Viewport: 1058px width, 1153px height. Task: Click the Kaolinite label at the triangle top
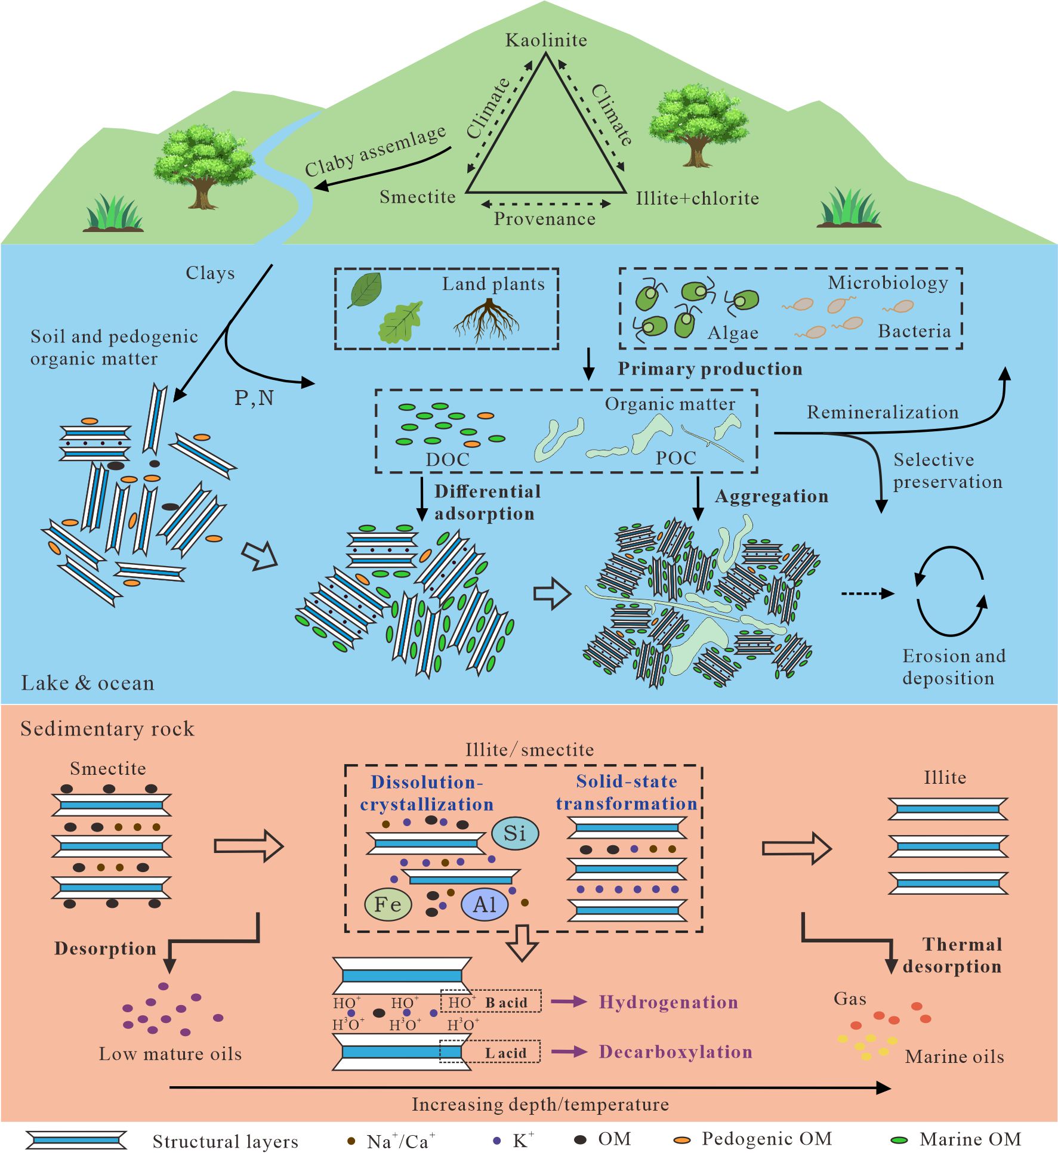546,40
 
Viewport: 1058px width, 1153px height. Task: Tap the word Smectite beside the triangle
417,197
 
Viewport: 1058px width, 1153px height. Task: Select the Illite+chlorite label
697,198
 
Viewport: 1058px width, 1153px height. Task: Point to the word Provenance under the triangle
544,219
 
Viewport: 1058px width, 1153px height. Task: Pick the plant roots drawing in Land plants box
488,320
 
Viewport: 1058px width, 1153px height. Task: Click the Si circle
515,833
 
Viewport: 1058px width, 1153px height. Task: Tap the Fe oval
388,904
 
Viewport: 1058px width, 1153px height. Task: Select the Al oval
485,905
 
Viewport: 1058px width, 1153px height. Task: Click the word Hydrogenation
668,1002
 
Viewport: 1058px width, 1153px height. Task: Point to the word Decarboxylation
675,1052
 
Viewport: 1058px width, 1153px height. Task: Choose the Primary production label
710,369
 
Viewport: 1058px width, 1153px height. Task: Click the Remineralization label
882,412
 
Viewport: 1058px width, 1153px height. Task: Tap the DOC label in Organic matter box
448,459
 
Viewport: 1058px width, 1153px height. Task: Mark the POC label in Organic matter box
675,458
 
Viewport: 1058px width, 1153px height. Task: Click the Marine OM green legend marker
899,1140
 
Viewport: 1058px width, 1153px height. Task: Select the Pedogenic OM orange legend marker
681,1140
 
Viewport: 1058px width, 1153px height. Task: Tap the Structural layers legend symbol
77,1140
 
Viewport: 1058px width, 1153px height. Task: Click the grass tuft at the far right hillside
849,209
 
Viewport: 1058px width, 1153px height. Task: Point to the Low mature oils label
170,1054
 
